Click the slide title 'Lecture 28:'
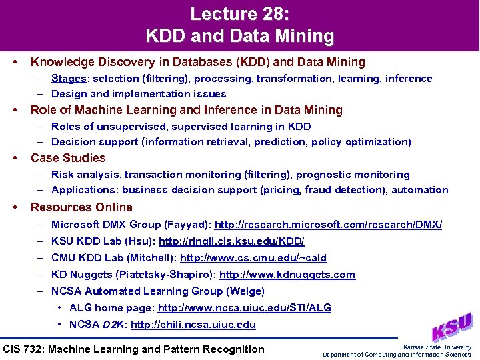tap(240, 14)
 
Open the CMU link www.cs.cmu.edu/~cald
tap(253, 258)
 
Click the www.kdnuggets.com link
tap(287, 275)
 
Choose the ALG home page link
tap(244, 308)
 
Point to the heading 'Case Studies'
tap(68, 158)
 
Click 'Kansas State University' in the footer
tap(437, 347)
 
